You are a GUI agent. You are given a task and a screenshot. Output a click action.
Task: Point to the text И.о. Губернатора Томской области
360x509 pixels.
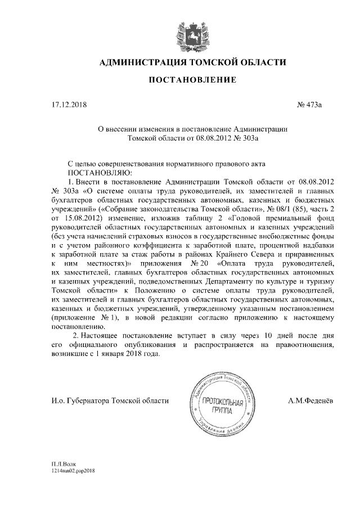109,400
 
